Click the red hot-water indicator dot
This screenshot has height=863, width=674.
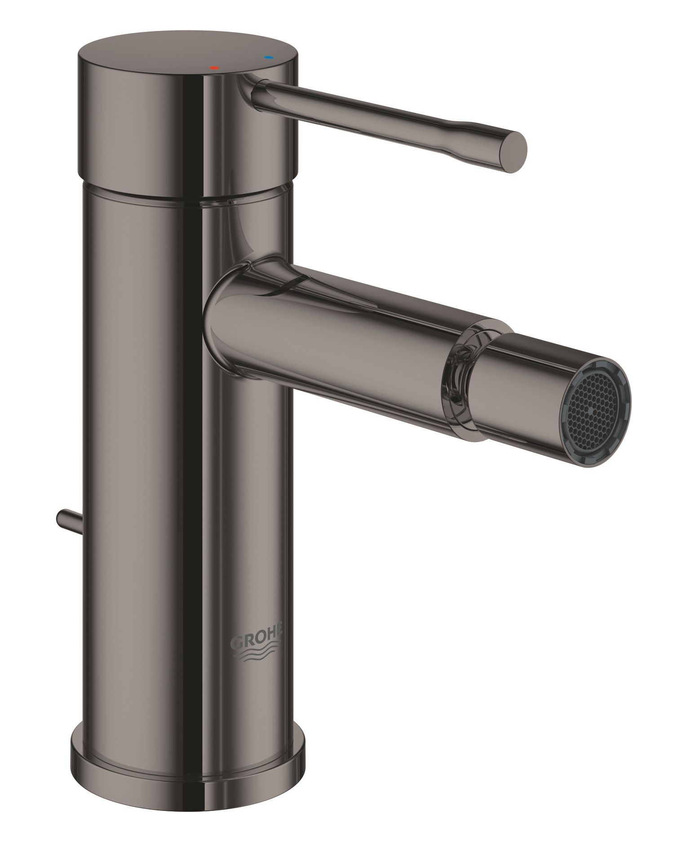pyautogui.click(x=214, y=68)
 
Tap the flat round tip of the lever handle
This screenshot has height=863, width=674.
pyautogui.click(x=512, y=152)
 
